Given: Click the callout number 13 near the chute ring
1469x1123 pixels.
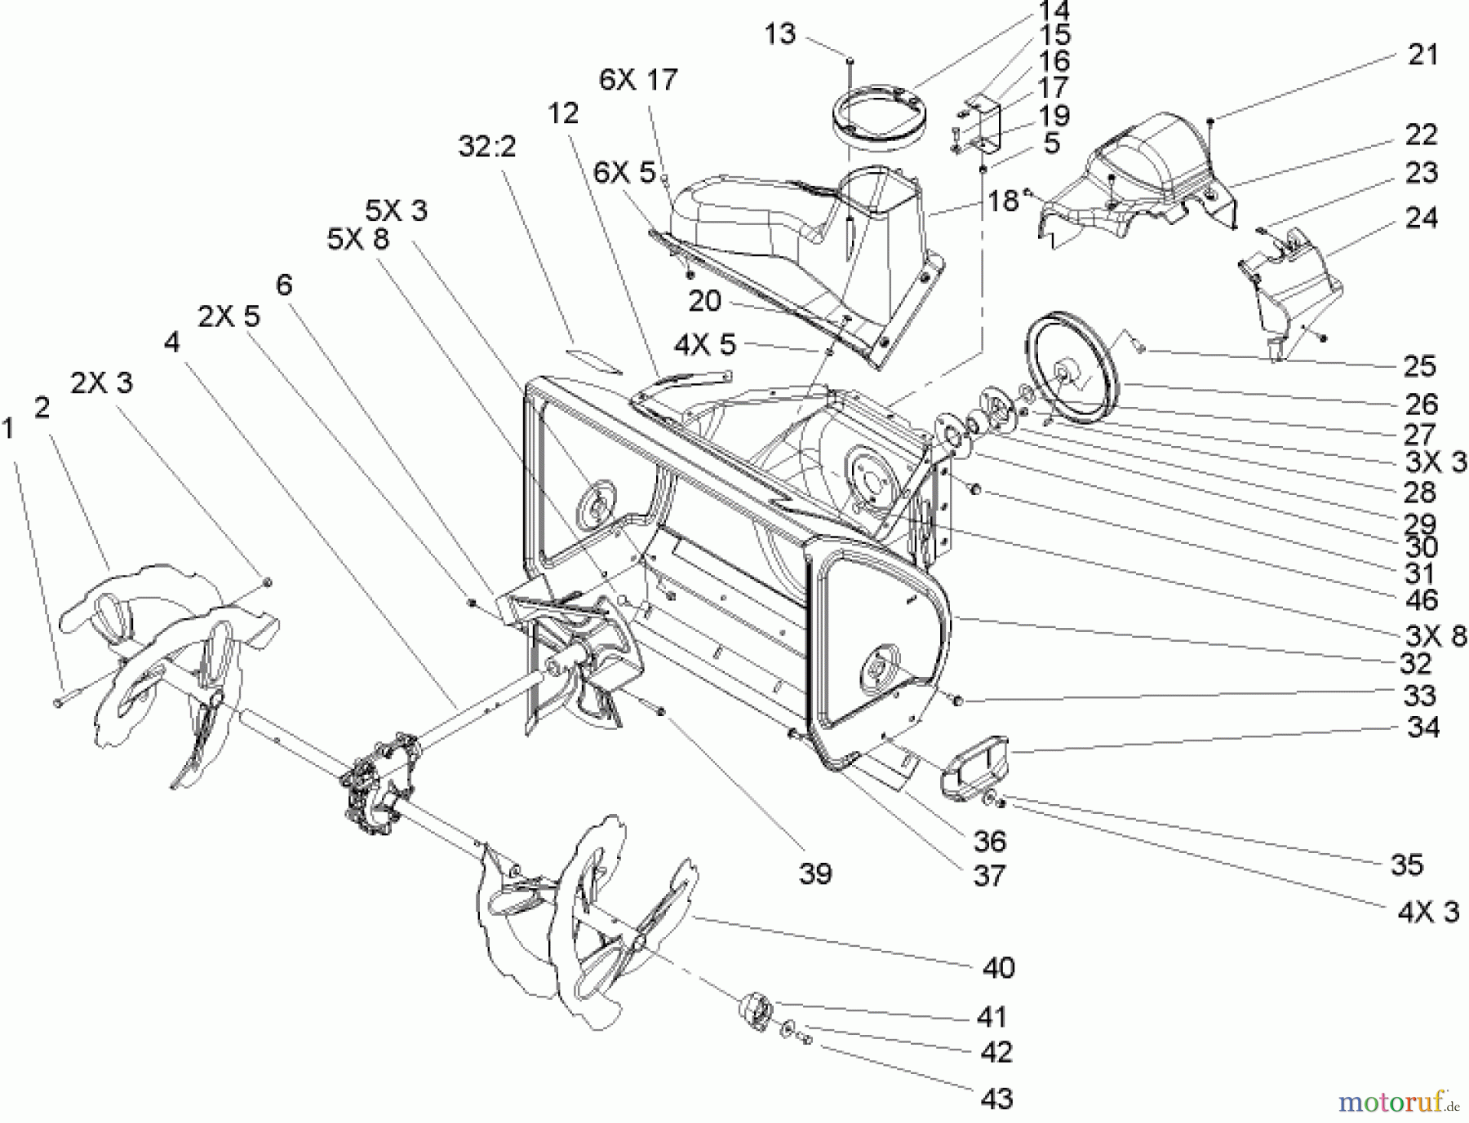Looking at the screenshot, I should [x=779, y=35].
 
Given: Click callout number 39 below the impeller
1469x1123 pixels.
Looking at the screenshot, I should [x=814, y=873].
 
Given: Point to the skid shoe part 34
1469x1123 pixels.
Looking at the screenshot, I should [x=975, y=764].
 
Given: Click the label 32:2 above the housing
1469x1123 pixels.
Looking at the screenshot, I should [x=487, y=148].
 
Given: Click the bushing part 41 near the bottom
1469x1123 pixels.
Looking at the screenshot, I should [x=756, y=1011].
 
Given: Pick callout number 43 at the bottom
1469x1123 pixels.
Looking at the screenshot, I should [x=996, y=1099].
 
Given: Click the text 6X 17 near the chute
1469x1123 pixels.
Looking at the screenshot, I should [x=638, y=80].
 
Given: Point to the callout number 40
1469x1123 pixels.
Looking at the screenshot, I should [x=998, y=968].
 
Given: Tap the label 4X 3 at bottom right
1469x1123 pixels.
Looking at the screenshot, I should [x=1427, y=911].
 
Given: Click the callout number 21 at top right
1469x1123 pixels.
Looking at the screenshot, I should [x=1422, y=55].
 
